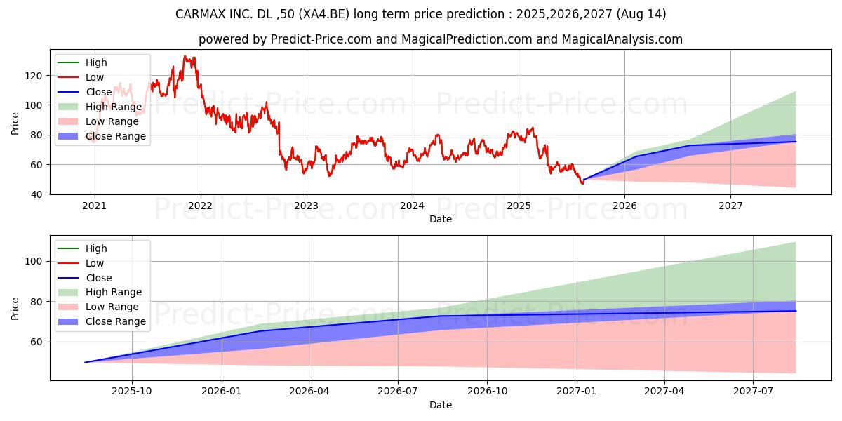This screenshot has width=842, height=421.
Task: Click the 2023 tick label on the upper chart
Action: (x=306, y=206)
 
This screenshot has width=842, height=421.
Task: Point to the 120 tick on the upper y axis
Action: (x=35, y=76)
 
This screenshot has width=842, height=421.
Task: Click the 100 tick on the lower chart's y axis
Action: (x=35, y=261)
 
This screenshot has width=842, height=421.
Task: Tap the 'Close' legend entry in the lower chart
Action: (x=98, y=278)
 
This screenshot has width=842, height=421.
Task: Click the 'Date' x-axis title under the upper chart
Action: (x=440, y=220)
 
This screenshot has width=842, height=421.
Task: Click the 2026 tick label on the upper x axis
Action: (x=624, y=206)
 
